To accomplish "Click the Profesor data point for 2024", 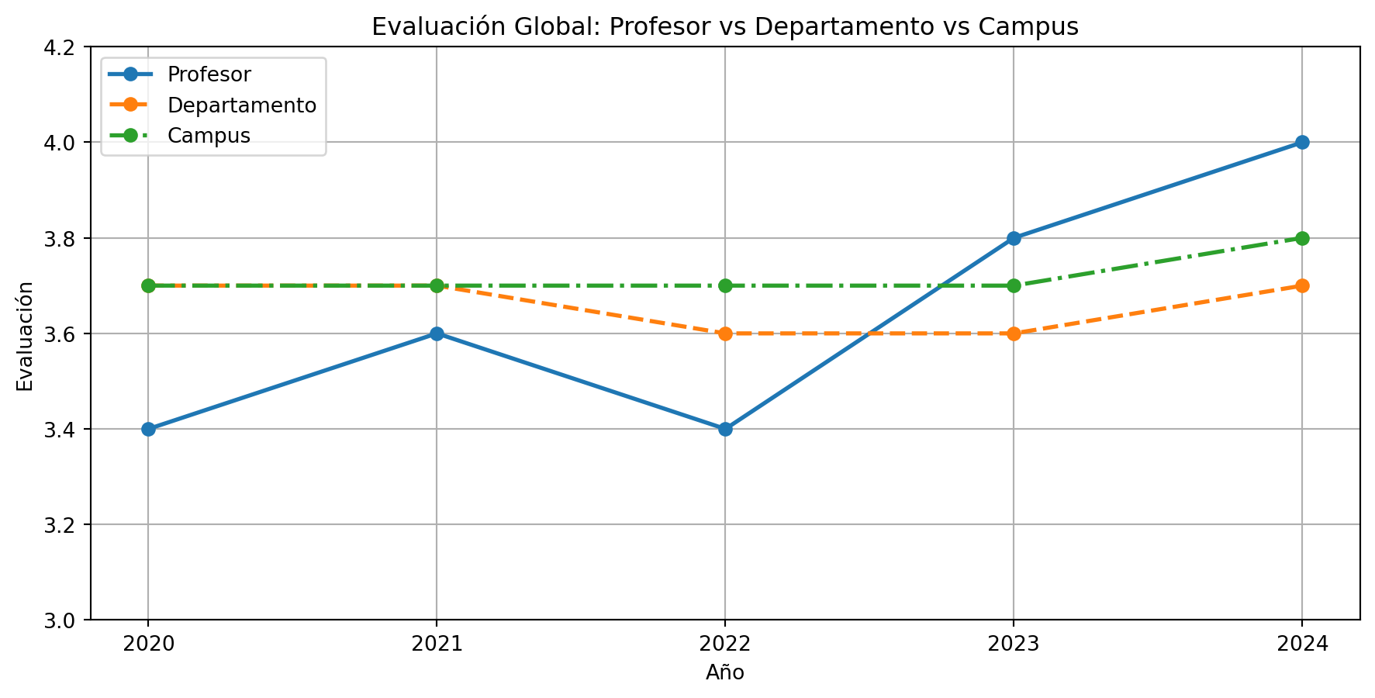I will click(x=1302, y=143).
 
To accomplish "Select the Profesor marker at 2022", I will click(x=725, y=429).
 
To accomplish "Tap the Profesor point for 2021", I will click(x=437, y=333).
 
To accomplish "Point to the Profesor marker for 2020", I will click(x=148, y=429).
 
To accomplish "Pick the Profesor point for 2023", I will click(x=1014, y=238).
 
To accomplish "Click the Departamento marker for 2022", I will click(x=725, y=333).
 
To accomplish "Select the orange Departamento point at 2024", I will click(x=1302, y=285).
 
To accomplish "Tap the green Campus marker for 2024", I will click(x=1302, y=238).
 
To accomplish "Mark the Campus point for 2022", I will click(x=725, y=285).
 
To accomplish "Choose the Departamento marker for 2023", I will click(x=1014, y=333).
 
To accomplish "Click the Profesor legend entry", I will click(x=209, y=74).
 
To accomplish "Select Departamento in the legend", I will click(x=242, y=105).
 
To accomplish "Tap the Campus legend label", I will click(x=209, y=135).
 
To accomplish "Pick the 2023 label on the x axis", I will click(x=1014, y=644).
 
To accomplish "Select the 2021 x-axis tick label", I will click(x=437, y=644).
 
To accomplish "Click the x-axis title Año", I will click(x=725, y=673).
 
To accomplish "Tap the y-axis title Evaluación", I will click(x=26, y=334).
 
